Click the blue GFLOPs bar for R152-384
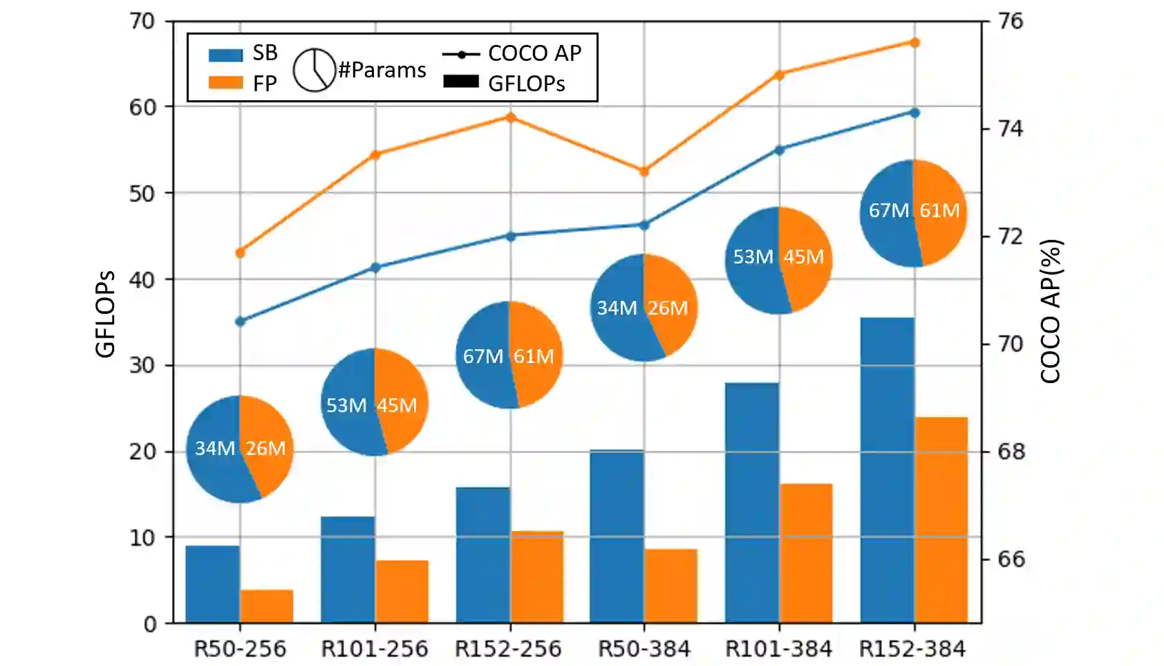(x=888, y=470)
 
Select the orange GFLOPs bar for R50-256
(x=267, y=606)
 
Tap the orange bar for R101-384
(x=806, y=553)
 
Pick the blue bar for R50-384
(x=617, y=537)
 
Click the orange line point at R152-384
(x=914, y=43)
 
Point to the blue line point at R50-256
(x=241, y=322)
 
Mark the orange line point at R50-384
(x=644, y=172)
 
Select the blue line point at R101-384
(x=780, y=150)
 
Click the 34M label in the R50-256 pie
(x=215, y=448)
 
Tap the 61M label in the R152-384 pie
(x=939, y=210)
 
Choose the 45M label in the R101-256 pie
(x=397, y=405)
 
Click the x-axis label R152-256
(x=508, y=649)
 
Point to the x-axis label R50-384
(x=644, y=649)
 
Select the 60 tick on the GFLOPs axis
(x=142, y=107)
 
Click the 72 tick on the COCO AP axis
(x=1010, y=237)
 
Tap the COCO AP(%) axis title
(x=1051, y=311)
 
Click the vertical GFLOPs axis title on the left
(x=105, y=313)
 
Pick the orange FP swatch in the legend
(x=225, y=83)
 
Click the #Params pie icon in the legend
(x=314, y=70)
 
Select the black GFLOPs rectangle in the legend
(x=461, y=82)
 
